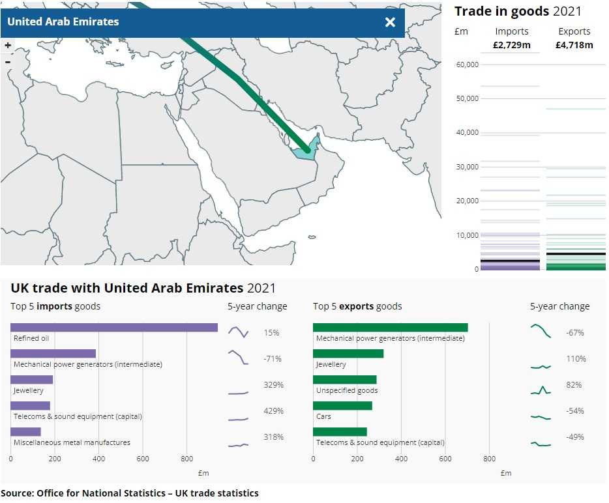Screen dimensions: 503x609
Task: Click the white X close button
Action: click(x=390, y=22)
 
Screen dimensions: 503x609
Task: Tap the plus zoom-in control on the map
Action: click(x=8, y=46)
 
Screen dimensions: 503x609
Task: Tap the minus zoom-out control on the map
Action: click(x=8, y=62)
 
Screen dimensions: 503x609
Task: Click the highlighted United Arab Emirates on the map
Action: click(x=309, y=150)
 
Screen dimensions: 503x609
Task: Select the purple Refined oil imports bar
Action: click(x=114, y=328)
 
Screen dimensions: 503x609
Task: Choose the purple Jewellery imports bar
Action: click(x=31, y=380)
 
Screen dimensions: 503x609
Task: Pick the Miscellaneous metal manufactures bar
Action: click(x=25, y=432)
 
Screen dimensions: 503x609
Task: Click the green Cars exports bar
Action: click(x=342, y=406)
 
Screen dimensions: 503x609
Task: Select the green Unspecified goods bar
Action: click(x=344, y=380)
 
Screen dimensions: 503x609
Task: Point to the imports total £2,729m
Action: click(x=512, y=45)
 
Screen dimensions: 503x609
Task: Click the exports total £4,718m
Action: click(x=574, y=45)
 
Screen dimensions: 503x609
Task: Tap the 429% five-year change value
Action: click(x=273, y=411)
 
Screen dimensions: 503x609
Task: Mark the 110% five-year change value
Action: click(x=576, y=359)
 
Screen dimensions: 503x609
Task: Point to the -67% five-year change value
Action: click(x=575, y=333)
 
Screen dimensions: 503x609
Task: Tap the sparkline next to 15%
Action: click(x=238, y=332)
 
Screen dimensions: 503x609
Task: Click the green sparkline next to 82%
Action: click(x=541, y=391)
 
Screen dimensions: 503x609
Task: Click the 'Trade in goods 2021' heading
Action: click(x=518, y=11)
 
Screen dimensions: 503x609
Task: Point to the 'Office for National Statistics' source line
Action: click(x=130, y=493)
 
